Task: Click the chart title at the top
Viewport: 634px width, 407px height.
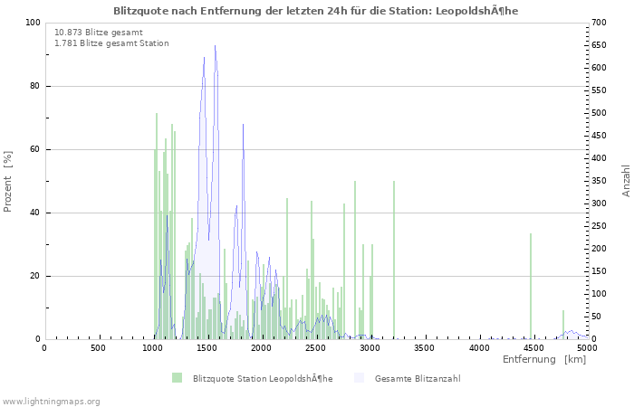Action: pos(316,11)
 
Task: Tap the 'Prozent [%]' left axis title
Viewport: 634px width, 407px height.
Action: pos(8,181)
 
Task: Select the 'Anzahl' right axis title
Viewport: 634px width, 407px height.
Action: pos(626,181)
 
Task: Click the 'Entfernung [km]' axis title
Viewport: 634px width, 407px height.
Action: pos(544,359)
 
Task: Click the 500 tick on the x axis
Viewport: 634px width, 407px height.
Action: pos(98,347)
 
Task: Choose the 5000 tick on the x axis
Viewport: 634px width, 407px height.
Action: pos(587,347)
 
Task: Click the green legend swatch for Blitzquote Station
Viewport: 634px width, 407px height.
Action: pos(177,378)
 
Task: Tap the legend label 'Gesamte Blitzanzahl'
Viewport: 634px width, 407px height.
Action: pos(417,378)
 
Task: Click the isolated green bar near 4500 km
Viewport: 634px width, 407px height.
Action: pos(531,286)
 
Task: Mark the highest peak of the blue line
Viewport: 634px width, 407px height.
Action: pos(215,46)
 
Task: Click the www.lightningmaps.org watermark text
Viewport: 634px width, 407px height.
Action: pos(51,401)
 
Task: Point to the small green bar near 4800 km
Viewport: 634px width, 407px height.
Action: pos(563,325)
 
